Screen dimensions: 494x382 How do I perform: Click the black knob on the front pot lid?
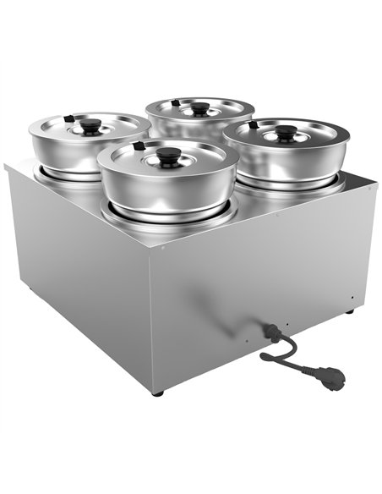(x=167, y=155)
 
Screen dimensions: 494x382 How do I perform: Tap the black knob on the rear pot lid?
(x=200, y=107)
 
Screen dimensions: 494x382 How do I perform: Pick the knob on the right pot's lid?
(x=287, y=132)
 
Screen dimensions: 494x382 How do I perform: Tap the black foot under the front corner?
(x=157, y=392)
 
